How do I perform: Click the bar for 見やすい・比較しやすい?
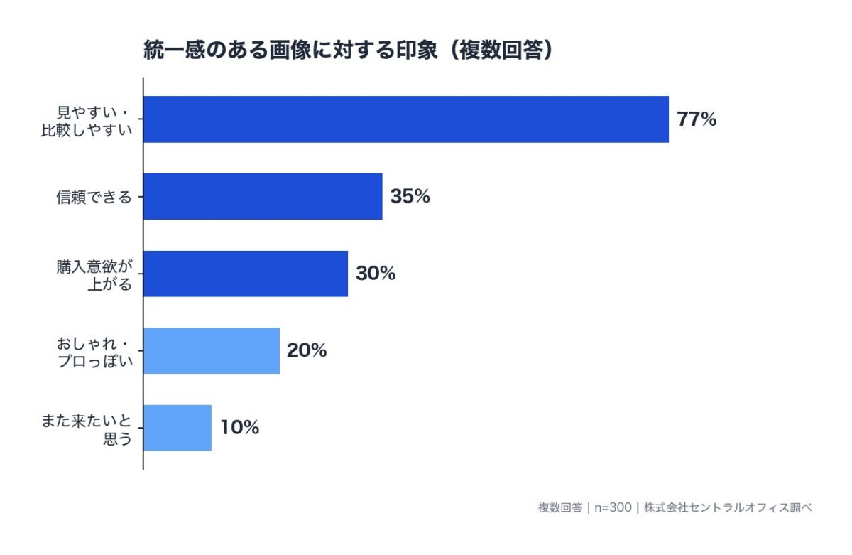click(406, 119)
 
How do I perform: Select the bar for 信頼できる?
click(263, 196)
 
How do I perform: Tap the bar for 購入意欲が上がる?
click(246, 274)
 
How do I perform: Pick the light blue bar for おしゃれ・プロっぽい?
click(212, 350)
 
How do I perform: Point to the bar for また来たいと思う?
click(177, 428)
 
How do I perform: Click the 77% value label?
click(697, 119)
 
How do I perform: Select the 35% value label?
click(410, 197)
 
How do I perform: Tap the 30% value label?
click(376, 274)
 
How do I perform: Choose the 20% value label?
click(307, 350)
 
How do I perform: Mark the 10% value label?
click(239, 428)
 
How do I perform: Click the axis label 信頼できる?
click(94, 198)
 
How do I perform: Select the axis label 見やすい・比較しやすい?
click(87, 120)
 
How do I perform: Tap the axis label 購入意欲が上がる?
click(94, 274)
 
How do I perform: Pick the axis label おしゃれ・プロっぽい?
click(94, 351)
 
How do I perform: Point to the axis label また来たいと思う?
click(87, 429)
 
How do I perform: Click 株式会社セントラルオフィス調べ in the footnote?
click(728, 507)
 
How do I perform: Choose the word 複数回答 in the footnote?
click(560, 507)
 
